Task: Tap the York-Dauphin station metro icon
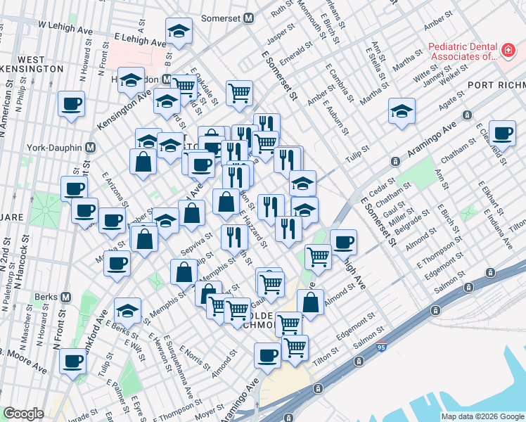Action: [90, 148]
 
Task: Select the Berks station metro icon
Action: [65, 296]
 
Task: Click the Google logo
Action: [23, 414]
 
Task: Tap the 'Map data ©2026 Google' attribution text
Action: [482, 416]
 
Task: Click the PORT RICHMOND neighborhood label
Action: [496, 85]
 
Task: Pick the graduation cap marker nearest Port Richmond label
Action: [402, 110]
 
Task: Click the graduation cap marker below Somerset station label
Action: [179, 30]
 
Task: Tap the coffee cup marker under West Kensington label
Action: [71, 103]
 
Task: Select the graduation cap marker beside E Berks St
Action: [127, 309]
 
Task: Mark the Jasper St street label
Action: [279, 32]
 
